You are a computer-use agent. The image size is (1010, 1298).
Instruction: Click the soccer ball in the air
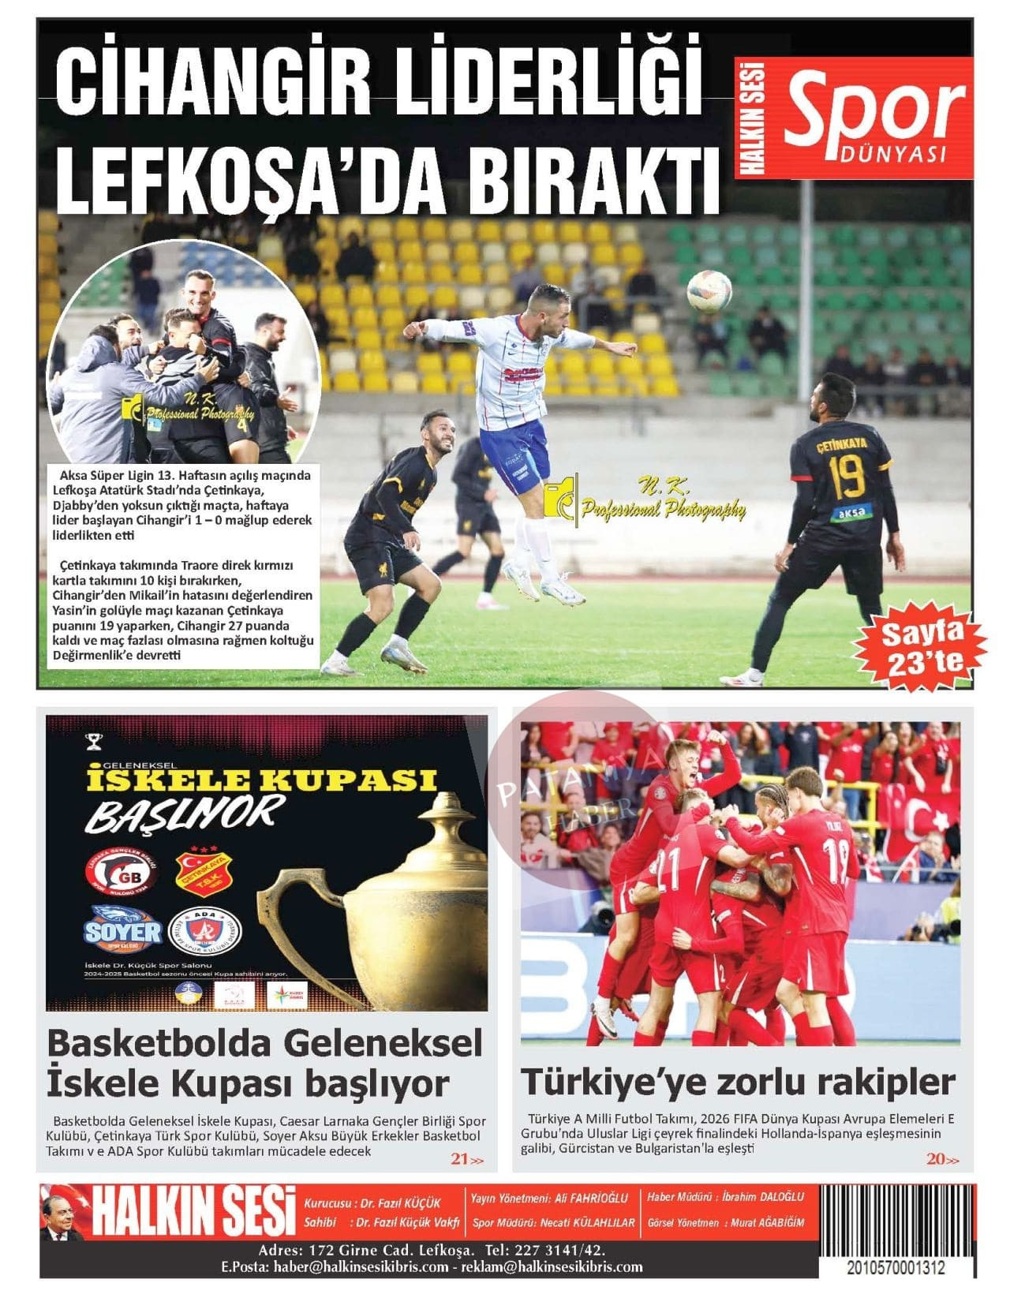pyautogui.click(x=709, y=291)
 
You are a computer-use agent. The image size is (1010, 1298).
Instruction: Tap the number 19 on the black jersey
pyautogui.click(x=840, y=477)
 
